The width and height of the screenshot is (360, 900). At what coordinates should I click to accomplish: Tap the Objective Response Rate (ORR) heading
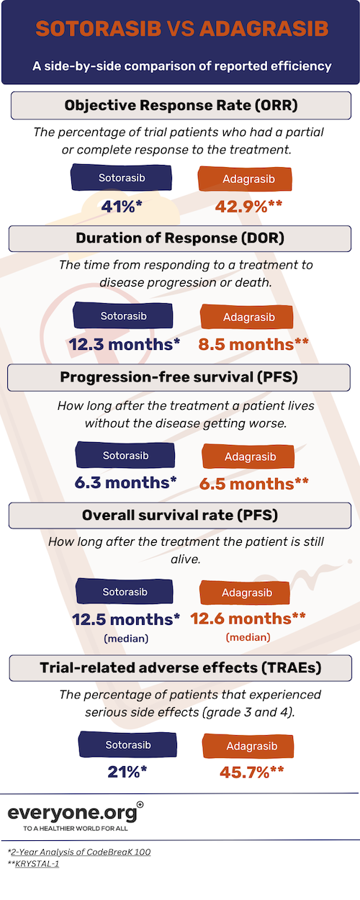180,106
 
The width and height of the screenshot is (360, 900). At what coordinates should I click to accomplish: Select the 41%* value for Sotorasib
122,206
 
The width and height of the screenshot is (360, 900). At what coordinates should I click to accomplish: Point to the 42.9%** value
248,206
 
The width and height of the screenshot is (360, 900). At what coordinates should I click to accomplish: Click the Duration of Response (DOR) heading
180,238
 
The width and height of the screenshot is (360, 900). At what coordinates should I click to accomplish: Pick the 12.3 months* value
125,344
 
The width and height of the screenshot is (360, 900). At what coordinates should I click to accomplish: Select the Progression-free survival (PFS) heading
180,377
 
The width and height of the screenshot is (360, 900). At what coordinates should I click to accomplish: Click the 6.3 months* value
126,483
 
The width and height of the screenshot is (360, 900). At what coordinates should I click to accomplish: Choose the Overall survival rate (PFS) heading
180,516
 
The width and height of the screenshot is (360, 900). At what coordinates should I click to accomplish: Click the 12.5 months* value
126,618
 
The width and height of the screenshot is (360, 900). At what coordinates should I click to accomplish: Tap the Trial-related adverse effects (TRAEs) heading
180,667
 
